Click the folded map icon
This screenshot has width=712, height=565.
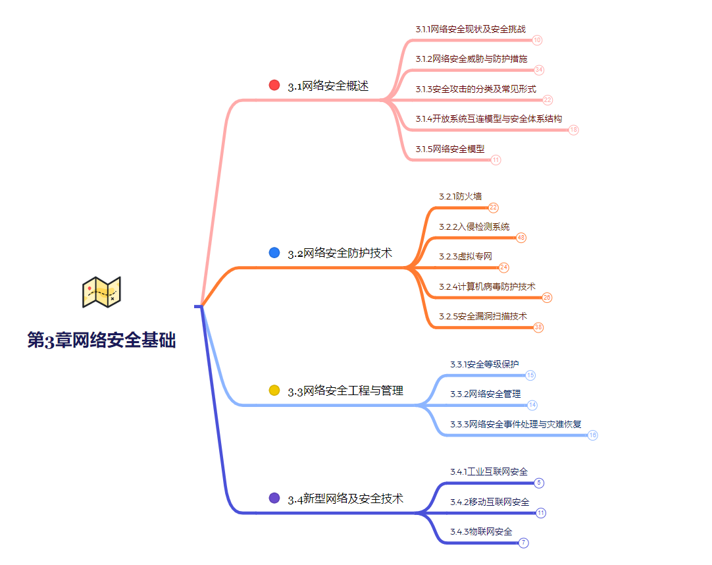pyautogui.click(x=101, y=292)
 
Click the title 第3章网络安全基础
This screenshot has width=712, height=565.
pyautogui.click(x=101, y=340)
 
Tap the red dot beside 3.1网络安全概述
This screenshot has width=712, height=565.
pyautogui.click(x=274, y=85)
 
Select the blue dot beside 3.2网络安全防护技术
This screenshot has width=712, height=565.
pyautogui.click(x=274, y=252)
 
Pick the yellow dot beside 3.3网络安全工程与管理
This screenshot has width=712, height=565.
pyautogui.click(x=274, y=390)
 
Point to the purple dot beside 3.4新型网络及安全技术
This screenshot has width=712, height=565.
pyautogui.click(x=274, y=498)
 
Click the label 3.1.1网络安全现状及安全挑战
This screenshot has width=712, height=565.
pyautogui.click(x=470, y=29)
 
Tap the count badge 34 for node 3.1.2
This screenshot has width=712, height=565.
pyautogui.click(x=539, y=70)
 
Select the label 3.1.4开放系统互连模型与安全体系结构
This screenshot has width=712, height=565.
pyautogui.click(x=489, y=119)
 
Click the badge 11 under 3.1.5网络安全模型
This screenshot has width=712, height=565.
pyautogui.click(x=496, y=160)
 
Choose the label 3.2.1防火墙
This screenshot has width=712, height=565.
pyautogui.click(x=461, y=196)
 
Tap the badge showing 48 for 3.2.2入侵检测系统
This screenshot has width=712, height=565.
pyautogui.click(x=521, y=238)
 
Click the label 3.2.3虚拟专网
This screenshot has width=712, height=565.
pyautogui.click(x=466, y=256)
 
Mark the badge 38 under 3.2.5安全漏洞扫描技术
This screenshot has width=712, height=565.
pyautogui.click(x=538, y=327)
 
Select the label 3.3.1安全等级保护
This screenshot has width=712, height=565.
pyautogui.click(x=484, y=364)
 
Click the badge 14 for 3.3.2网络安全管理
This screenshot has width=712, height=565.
pyautogui.click(x=532, y=405)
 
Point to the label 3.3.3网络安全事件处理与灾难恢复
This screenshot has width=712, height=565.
pyautogui.click(x=516, y=424)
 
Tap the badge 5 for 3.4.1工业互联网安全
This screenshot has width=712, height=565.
pyautogui.click(x=539, y=483)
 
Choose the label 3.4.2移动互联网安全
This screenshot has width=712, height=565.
pyautogui.click(x=490, y=502)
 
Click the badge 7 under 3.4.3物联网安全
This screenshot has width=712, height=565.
pyautogui.click(x=524, y=543)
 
